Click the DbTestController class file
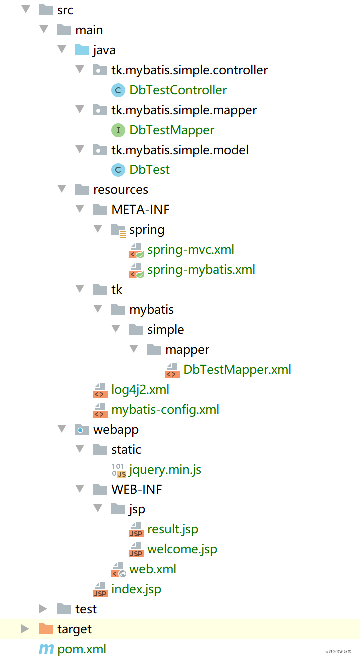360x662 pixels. click(x=178, y=90)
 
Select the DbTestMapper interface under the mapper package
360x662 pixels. click(x=172, y=130)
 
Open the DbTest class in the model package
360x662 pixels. click(x=149, y=170)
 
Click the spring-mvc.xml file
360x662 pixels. click(x=190, y=250)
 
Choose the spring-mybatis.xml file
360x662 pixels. click(x=200, y=270)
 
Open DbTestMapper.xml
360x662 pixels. click(x=237, y=369)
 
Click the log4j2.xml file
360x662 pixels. click(x=140, y=389)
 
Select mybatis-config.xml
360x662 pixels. click(x=165, y=410)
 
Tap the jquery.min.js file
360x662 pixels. click(x=165, y=470)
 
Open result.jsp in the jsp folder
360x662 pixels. click(x=173, y=529)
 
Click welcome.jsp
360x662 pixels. click(x=182, y=549)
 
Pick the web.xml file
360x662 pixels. click(x=152, y=569)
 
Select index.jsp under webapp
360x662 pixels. click(x=136, y=589)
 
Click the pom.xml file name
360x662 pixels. click(x=82, y=649)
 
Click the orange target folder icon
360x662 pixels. click(x=46, y=629)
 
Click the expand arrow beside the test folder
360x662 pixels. click(x=43, y=609)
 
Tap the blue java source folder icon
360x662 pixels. click(x=82, y=50)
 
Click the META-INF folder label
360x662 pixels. click(x=140, y=210)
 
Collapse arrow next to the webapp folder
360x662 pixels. click(x=62, y=429)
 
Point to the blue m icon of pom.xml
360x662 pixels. click(x=46, y=649)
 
